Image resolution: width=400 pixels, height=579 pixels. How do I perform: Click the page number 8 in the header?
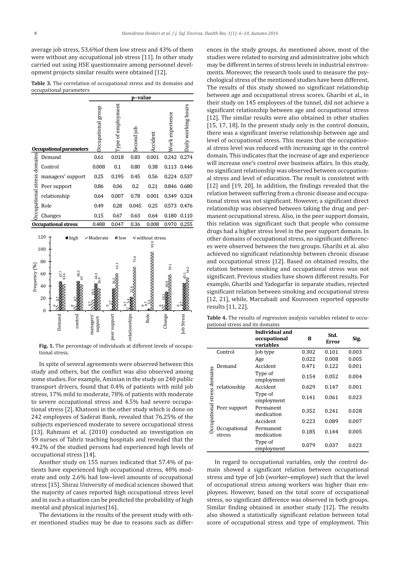(35, 34)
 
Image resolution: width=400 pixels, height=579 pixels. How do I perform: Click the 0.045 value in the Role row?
(135, 206)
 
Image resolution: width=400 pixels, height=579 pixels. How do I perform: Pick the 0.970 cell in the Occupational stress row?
(171, 224)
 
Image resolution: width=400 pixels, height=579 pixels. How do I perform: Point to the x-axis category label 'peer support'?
(112, 327)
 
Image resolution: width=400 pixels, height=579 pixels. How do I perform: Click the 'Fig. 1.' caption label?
(46, 346)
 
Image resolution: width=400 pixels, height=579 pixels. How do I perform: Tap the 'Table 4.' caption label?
(217, 318)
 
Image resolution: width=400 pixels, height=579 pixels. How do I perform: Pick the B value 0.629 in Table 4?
(309, 387)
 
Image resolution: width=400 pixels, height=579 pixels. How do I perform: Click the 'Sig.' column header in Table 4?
(356, 339)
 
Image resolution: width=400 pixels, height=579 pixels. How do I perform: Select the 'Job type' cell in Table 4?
(265, 352)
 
